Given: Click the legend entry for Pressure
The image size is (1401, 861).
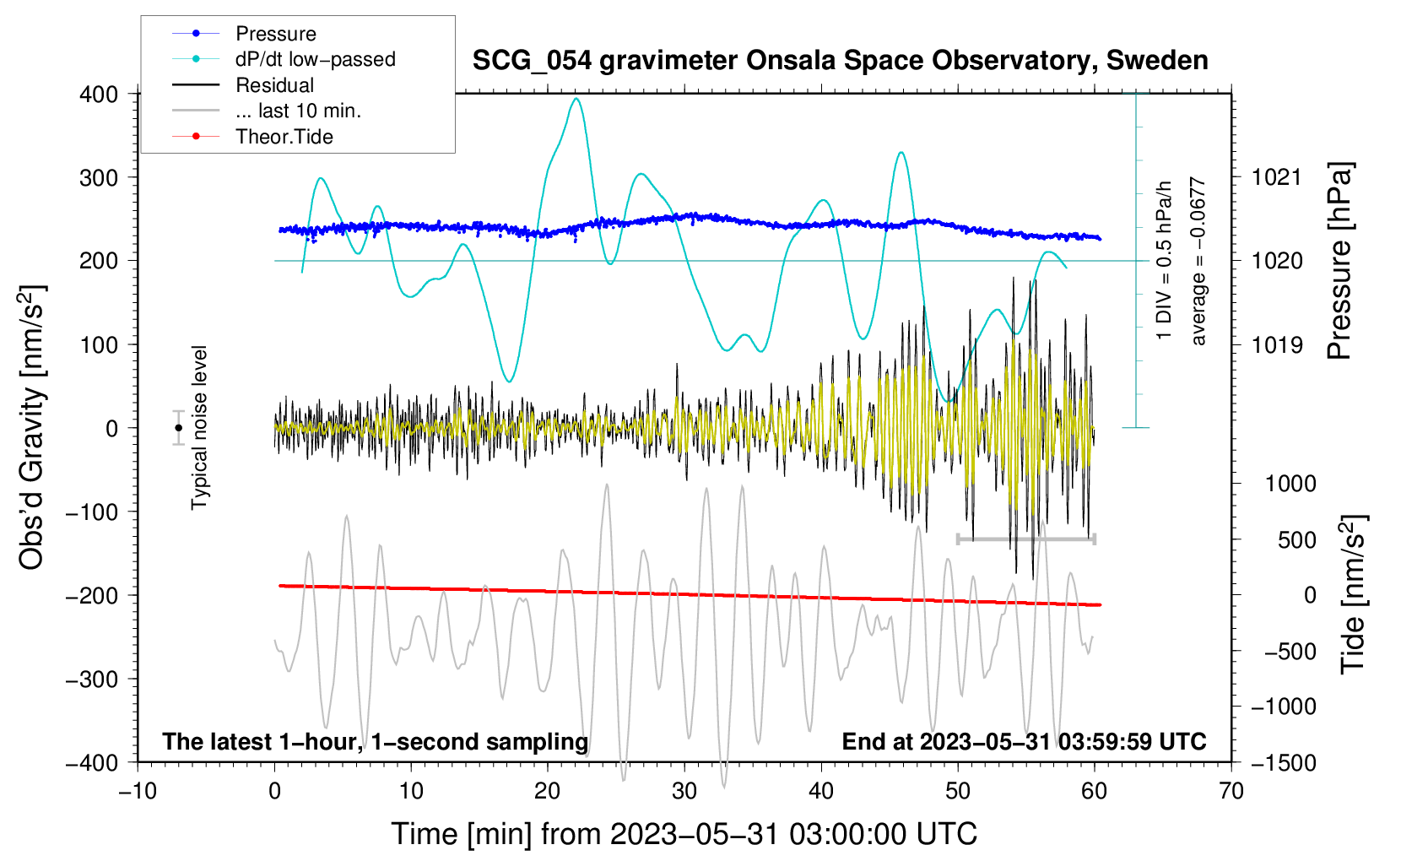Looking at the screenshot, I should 275,34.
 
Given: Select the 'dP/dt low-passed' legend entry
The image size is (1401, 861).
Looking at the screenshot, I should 315,59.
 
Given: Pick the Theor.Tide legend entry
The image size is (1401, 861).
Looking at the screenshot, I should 284,137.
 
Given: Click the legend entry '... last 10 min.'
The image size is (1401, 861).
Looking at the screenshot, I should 298,111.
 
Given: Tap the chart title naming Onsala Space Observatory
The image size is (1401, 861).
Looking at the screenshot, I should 840,61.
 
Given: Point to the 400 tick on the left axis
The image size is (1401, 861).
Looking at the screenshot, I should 99,94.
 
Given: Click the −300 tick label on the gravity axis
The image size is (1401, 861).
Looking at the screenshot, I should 92,679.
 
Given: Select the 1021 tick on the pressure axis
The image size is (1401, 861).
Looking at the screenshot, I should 1276,177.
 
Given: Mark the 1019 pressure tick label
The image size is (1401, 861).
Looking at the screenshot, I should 1276,344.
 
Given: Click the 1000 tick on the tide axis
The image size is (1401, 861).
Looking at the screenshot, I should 1290,484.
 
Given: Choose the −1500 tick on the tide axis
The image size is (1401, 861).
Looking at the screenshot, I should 1283,762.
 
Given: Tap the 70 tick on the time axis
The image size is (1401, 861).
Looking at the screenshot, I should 1231,791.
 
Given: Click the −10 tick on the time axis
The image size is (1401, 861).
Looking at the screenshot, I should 138,791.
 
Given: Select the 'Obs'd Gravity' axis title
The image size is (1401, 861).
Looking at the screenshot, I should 31,427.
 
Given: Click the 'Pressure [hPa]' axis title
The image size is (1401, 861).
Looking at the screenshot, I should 1339,262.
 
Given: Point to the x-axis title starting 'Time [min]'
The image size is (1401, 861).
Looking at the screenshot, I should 684,834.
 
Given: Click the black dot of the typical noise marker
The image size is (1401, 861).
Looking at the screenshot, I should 178,428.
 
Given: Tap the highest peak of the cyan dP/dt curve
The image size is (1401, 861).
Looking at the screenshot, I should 576,99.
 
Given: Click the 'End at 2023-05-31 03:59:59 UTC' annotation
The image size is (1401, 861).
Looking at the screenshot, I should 1024,741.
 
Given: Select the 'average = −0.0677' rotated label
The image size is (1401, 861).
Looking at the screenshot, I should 1198,262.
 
